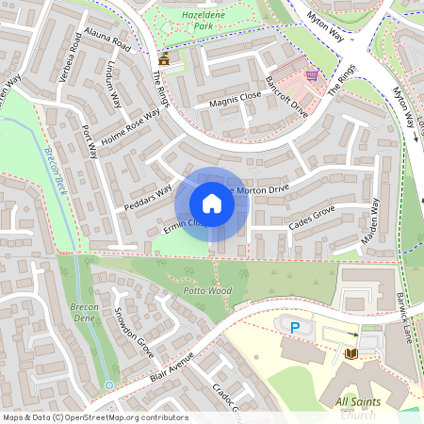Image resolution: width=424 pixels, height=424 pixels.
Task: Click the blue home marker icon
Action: coord(212,204)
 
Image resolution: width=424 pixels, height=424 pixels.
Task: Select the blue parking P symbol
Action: coord(295,327)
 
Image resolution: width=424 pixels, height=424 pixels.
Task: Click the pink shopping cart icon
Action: coord(312,75)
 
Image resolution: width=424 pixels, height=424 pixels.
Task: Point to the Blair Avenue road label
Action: coord(171,367)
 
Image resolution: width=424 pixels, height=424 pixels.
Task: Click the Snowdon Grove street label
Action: coord(133,333)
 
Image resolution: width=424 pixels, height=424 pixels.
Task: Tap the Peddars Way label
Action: coord(148,197)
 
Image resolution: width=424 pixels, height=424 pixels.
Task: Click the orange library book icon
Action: coord(351,353)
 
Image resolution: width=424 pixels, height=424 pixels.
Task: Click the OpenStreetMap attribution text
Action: coord(94,417)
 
